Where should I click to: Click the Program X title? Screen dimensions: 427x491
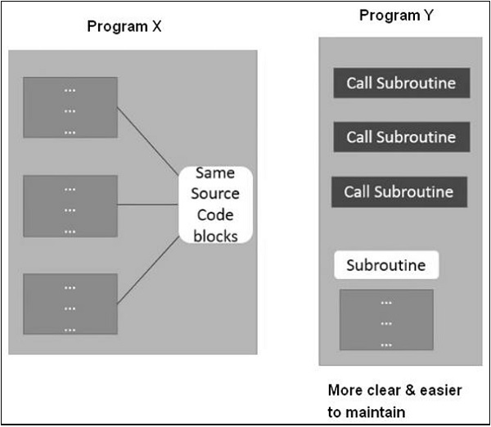[124, 27]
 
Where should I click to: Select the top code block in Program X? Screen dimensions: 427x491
[70, 107]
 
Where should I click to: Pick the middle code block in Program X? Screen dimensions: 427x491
[70, 205]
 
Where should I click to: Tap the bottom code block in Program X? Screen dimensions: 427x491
[70, 303]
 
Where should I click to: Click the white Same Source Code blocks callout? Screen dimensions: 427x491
[216, 204]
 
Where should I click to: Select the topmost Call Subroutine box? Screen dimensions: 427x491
[401, 83]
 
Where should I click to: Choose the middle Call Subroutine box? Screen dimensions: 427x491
[401, 137]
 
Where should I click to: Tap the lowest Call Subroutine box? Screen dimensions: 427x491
[399, 191]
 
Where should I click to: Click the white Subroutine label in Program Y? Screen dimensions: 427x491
[385, 265]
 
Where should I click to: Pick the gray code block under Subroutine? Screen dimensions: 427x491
[385, 321]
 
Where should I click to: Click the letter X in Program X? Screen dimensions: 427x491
[156, 27]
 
